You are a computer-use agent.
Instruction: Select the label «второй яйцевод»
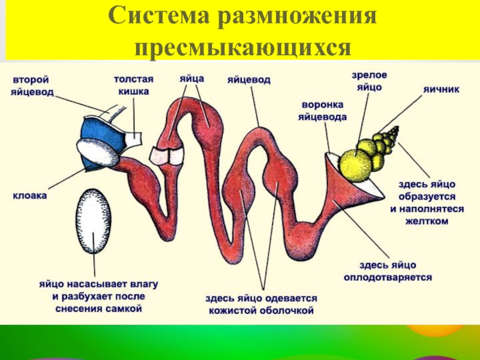click(x=31, y=86)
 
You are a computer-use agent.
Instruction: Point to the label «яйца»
click(x=192, y=78)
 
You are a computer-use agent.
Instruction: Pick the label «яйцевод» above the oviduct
click(x=248, y=79)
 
